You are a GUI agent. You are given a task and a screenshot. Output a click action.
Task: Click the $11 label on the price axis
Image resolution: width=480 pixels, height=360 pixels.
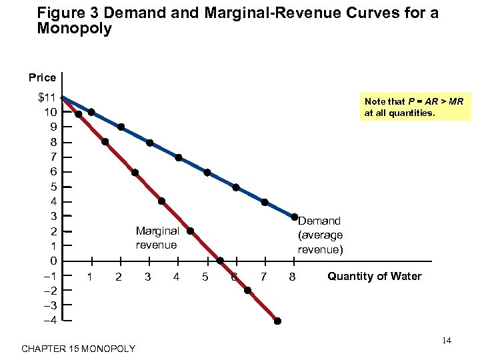47,98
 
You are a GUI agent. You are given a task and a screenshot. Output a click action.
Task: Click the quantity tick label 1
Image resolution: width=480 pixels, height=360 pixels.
90,277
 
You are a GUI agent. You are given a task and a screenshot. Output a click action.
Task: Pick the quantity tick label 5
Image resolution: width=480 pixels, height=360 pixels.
205,277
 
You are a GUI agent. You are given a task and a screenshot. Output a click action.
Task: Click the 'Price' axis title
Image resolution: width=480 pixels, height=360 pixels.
43,78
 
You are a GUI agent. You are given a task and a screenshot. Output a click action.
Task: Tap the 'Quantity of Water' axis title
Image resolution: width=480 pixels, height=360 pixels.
374,276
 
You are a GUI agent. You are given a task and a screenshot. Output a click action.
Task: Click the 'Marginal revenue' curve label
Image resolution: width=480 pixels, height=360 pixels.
157,238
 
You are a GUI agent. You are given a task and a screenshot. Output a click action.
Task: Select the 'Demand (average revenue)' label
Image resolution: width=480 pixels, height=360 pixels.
320,235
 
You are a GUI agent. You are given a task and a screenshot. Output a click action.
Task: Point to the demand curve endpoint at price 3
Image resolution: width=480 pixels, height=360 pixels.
294,217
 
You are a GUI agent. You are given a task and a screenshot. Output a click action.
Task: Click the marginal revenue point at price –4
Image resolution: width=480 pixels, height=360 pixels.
277,321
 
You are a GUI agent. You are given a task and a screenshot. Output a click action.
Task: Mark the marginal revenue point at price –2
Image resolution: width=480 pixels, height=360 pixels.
247,290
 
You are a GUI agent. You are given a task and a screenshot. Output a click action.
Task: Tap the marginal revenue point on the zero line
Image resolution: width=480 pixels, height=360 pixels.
220,261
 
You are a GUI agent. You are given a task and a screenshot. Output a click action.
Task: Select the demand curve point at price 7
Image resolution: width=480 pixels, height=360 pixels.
179,157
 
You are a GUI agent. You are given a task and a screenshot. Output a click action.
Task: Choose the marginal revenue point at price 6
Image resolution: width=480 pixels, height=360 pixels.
135,173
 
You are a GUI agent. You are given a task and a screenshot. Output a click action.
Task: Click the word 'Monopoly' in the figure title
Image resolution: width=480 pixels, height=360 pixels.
75,29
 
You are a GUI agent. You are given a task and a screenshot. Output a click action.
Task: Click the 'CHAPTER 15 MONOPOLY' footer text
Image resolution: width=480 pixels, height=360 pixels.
78,349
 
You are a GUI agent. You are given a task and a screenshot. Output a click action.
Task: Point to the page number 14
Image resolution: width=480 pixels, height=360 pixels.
447,341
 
